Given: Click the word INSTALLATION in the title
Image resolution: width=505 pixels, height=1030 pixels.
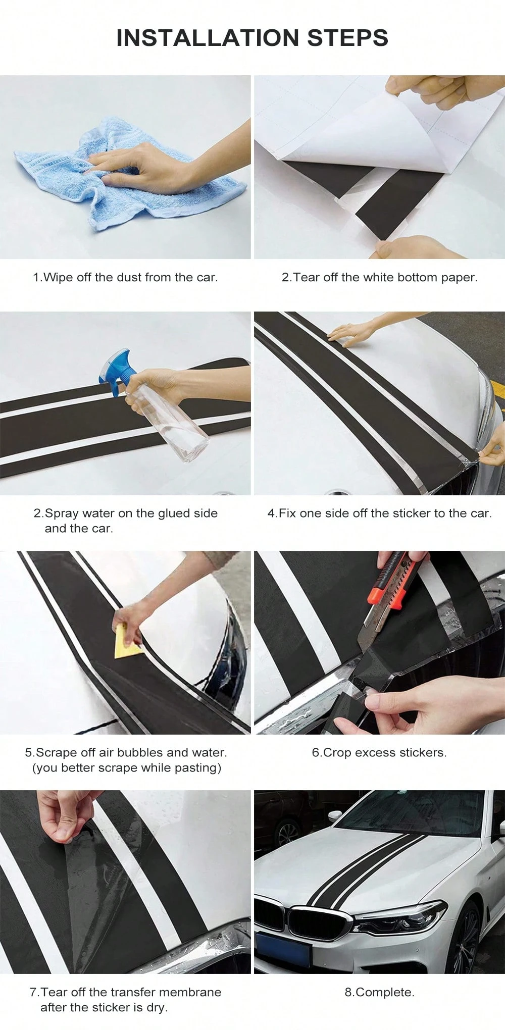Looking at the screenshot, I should point(208,38).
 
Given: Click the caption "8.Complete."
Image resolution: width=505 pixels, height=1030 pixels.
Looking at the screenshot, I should point(379,992).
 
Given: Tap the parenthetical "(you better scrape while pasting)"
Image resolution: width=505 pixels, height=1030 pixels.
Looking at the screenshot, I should point(126,768).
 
